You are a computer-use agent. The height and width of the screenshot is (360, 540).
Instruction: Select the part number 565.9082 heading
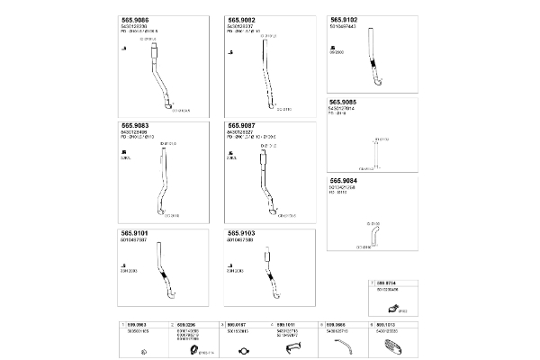click(242, 19)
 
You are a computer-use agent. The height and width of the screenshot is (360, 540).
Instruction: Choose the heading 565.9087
click(242, 125)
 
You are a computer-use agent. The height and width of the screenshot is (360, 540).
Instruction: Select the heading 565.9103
click(242, 232)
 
